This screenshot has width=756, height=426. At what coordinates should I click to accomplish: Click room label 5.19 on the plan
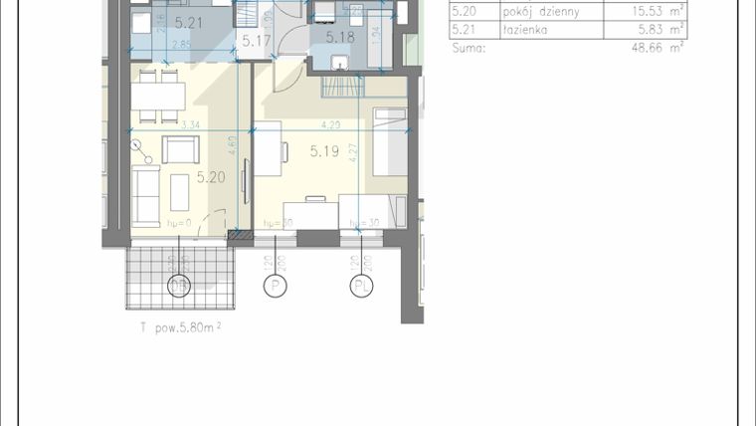(x=325, y=151)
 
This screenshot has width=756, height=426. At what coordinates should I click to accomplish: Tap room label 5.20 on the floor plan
(x=210, y=177)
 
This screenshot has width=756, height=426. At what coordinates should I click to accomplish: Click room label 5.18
(x=340, y=37)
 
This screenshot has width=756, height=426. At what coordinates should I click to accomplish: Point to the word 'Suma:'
(x=470, y=46)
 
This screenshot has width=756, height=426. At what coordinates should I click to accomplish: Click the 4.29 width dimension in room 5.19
(x=328, y=125)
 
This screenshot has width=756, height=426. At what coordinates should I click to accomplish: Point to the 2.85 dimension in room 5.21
(x=182, y=45)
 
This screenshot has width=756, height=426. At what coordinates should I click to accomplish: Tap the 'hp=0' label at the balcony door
(x=178, y=223)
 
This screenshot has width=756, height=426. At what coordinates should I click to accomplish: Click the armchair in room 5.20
(x=180, y=150)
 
